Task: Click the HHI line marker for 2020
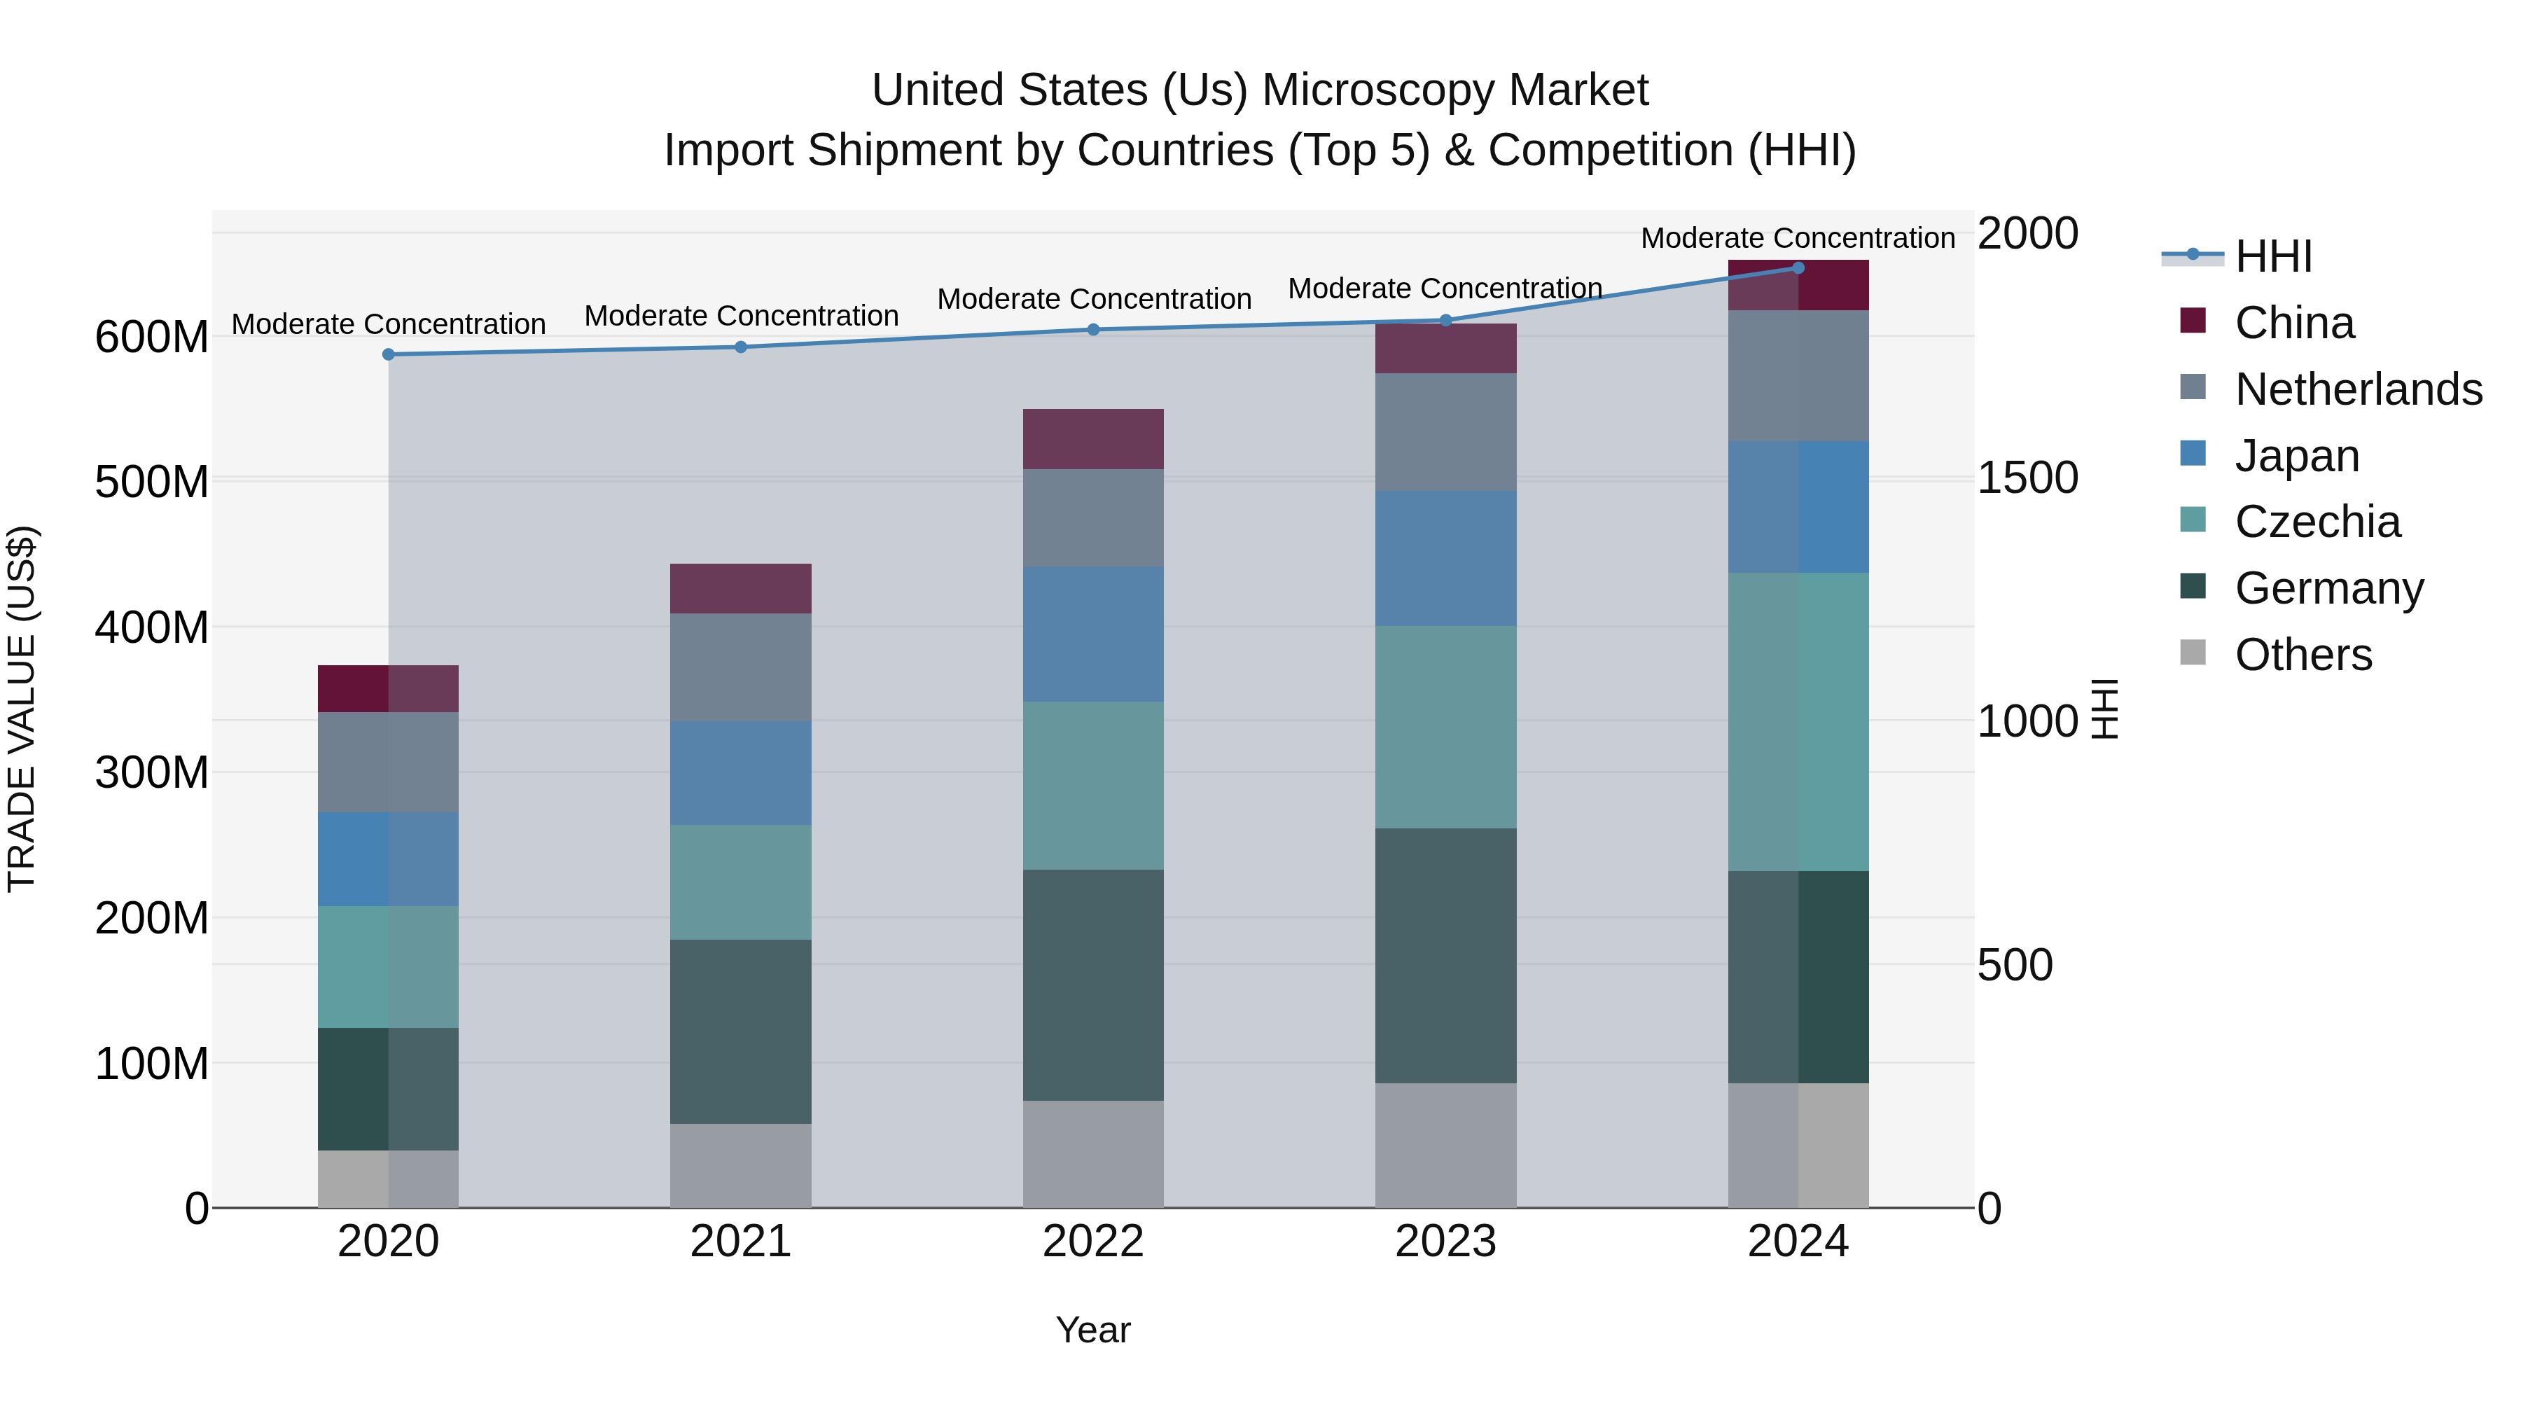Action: (389, 354)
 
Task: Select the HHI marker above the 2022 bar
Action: (1093, 330)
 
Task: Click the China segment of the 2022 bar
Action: (1093, 439)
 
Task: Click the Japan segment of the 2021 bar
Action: (741, 773)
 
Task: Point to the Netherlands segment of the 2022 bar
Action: (1093, 517)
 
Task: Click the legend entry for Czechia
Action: (2317, 522)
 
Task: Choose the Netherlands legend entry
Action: (2358, 389)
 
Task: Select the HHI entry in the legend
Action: (2273, 256)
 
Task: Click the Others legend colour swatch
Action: (2193, 653)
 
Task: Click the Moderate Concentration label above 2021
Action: (741, 316)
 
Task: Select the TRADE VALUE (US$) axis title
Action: (22, 709)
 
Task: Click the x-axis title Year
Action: (1093, 1330)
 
